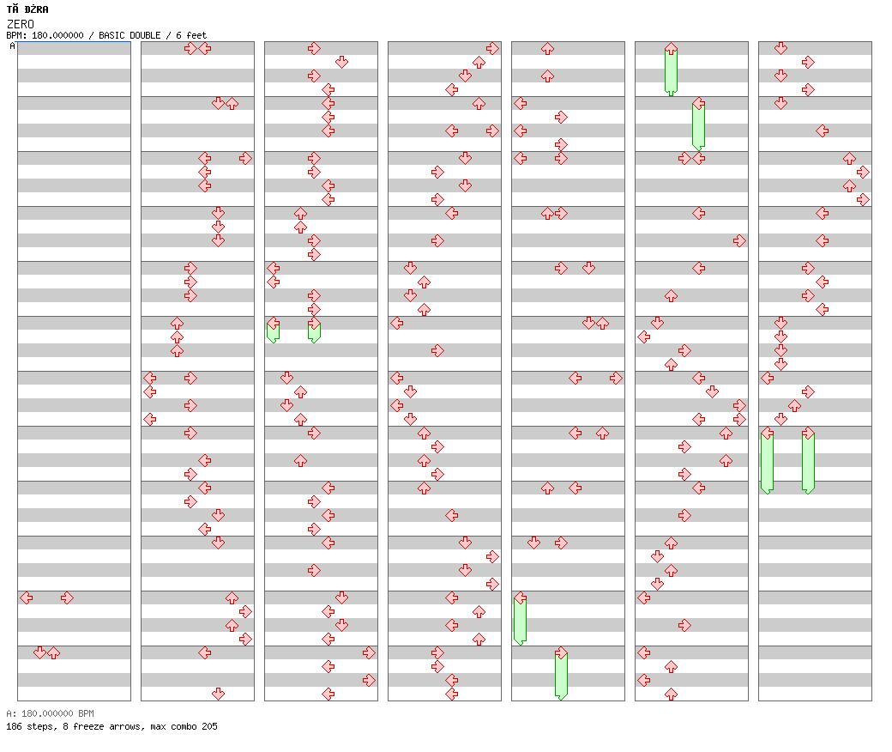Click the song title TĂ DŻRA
[x=27, y=9]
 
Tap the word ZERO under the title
[x=21, y=24]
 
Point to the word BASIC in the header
[x=111, y=35]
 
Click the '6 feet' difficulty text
[x=191, y=35]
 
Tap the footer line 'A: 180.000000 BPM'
[x=50, y=713]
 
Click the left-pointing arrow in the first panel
[x=27, y=597]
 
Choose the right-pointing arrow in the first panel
[x=67, y=597]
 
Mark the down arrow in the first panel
[x=39, y=652]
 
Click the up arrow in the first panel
[x=53, y=652]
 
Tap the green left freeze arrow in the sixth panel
[x=698, y=124]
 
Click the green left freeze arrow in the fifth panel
[x=520, y=618]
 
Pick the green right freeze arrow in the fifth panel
[x=561, y=673]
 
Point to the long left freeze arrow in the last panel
[x=767, y=460]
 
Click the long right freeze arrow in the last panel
[x=808, y=460]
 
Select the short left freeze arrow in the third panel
[x=273, y=331]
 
